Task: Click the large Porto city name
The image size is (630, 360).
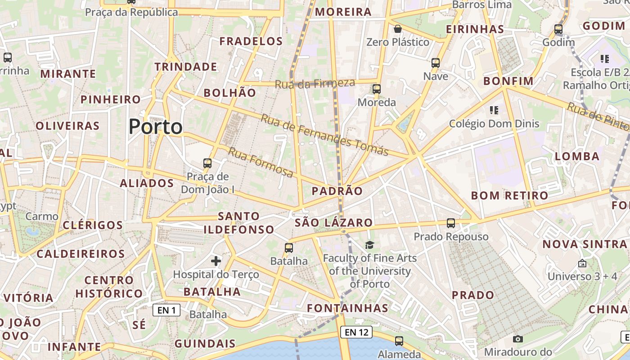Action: point(156,127)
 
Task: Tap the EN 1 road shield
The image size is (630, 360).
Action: point(166,310)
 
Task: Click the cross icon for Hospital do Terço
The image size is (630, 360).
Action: point(216,261)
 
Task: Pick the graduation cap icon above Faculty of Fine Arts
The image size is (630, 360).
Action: point(369,245)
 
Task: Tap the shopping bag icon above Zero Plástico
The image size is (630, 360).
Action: point(398,29)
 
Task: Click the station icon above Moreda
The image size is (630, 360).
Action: point(377,89)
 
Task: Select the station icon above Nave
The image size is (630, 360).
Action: point(436,63)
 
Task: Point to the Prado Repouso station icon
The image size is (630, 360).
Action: point(451,223)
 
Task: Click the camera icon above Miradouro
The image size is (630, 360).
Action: point(518,339)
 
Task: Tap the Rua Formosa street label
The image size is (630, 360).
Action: point(261,162)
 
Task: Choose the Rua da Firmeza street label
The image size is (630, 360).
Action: point(315,83)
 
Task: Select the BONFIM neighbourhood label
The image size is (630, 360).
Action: point(508,81)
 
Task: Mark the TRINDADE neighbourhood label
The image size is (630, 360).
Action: point(186,67)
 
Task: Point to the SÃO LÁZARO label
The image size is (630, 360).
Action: point(334,223)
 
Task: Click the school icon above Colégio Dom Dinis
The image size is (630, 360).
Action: point(494,110)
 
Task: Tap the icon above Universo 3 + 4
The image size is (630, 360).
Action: point(582,263)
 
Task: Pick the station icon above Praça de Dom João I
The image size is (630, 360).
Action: point(207,163)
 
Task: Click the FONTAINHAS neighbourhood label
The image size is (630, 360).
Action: point(347,308)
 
